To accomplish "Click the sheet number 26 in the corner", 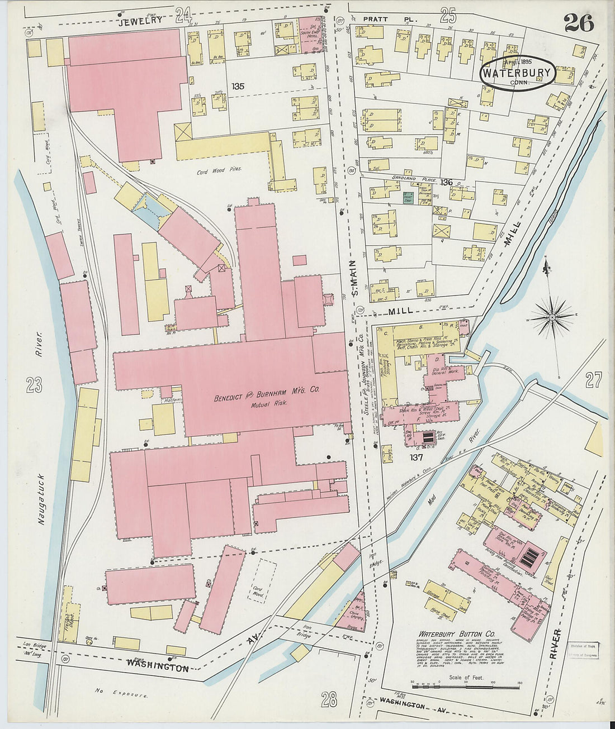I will pyautogui.click(x=579, y=22).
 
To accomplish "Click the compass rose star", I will pyautogui.click(x=552, y=317).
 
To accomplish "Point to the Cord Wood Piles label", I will pyautogui.click(x=219, y=170).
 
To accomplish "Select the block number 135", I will pyautogui.click(x=238, y=87).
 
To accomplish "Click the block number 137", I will pyautogui.click(x=415, y=457).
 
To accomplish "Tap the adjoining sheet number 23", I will pyautogui.click(x=34, y=384).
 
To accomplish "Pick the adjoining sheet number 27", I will pyautogui.click(x=593, y=381).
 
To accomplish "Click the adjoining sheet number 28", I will pyautogui.click(x=329, y=698).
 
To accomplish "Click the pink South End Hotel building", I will pyautogui.click(x=307, y=33).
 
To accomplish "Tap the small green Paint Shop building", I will pyautogui.click(x=408, y=197).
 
